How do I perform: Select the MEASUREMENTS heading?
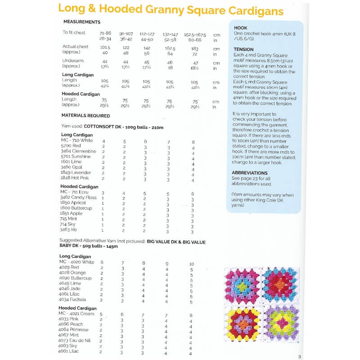82,22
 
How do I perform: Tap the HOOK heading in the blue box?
241,28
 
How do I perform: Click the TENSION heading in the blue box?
244,49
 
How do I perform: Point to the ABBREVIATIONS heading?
250,173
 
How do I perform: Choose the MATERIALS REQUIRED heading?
86,116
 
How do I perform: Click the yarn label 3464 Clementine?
78,151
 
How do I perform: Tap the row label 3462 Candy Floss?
78,197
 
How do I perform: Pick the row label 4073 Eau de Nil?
75,341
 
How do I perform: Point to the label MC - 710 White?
77,140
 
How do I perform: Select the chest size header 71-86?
105,34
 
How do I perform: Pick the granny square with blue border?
281,286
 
